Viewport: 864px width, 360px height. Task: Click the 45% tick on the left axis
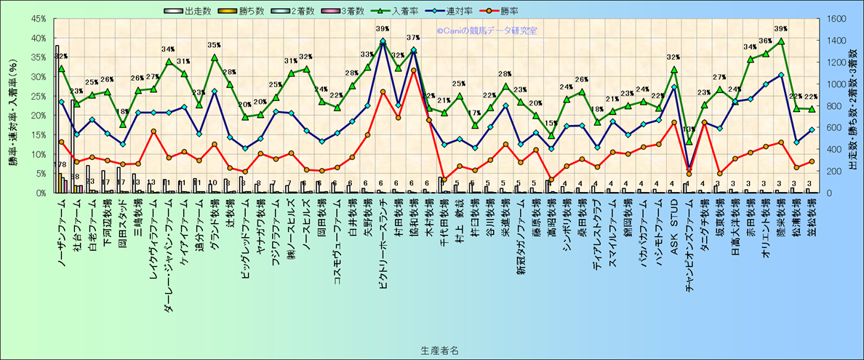tap(39, 18)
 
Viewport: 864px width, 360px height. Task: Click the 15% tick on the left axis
tap(39, 135)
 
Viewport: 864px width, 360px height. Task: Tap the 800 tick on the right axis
tap(832, 106)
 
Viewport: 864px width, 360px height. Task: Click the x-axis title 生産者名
tap(439, 350)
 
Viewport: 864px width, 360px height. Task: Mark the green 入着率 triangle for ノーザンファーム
tap(61, 68)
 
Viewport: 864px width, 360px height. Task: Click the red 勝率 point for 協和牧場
tap(413, 71)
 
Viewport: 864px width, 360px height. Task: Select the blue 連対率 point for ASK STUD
tap(674, 87)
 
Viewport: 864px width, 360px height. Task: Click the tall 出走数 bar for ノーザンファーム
tap(57, 119)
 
